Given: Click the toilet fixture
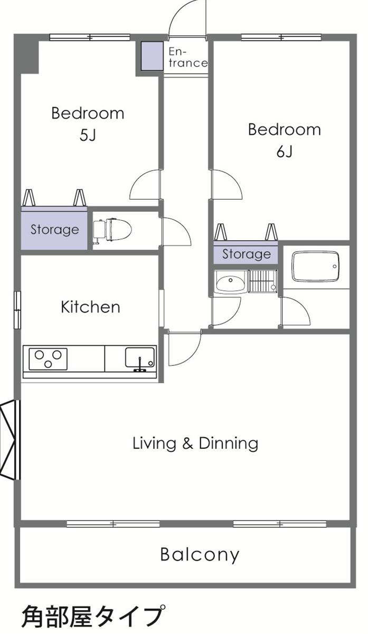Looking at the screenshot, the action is pos(112,231).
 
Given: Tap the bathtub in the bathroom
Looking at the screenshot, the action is pos(316,267).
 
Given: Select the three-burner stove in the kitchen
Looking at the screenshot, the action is pos(48,358).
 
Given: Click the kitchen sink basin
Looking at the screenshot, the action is pos(140,359).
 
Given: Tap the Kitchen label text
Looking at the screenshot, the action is pos(91,307).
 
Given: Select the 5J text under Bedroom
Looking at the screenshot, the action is pos(88,135).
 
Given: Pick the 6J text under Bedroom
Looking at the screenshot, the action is pos(284,152).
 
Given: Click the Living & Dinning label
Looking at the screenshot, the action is pos(195,443).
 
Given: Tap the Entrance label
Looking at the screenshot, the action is pos(187,58).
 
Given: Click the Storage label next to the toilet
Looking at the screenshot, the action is pos(54,230).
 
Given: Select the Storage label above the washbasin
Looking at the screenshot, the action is pos(247,254).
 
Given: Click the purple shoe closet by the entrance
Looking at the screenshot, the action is pos(152,56).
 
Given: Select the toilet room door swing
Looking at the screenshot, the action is pos(176,231).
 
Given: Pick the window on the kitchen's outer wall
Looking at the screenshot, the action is pos(17,310).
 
